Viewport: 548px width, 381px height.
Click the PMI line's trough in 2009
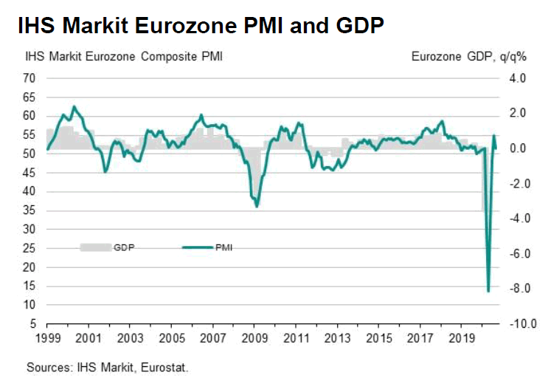[x=256, y=207]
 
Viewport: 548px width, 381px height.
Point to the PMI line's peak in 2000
[x=73, y=106]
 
